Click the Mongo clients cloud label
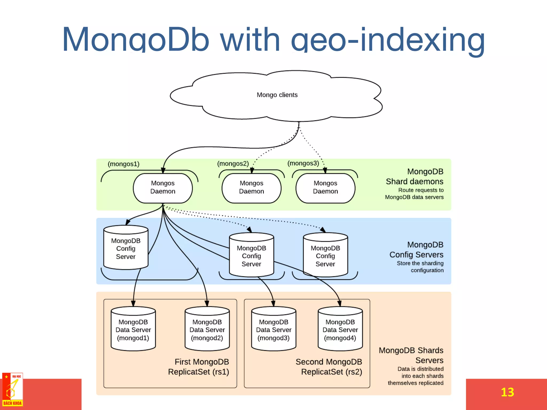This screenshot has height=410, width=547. (277, 95)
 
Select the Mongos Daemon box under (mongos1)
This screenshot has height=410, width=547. (163, 187)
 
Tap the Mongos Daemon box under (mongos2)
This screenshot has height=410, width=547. (251, 187)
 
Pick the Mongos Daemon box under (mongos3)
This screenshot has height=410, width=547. (325, 187)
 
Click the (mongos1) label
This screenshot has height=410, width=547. (123, 164)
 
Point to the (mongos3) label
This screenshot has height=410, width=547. (303, 163)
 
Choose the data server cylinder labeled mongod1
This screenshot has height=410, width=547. (133, 330)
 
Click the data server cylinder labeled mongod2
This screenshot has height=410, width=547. (207, 330)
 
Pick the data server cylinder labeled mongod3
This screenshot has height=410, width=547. (274, 330)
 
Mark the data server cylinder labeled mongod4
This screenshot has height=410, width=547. (340, 330)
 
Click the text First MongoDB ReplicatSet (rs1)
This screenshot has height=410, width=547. (199, 367)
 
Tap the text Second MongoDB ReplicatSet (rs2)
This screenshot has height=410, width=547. (329, 367)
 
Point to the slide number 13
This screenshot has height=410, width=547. (507, 392)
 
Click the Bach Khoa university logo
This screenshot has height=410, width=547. (13, 390)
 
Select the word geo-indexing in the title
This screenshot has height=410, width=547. (387, 40)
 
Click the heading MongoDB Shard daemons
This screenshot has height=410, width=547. (415, 176)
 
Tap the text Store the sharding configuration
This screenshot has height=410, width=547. (420, 267)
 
